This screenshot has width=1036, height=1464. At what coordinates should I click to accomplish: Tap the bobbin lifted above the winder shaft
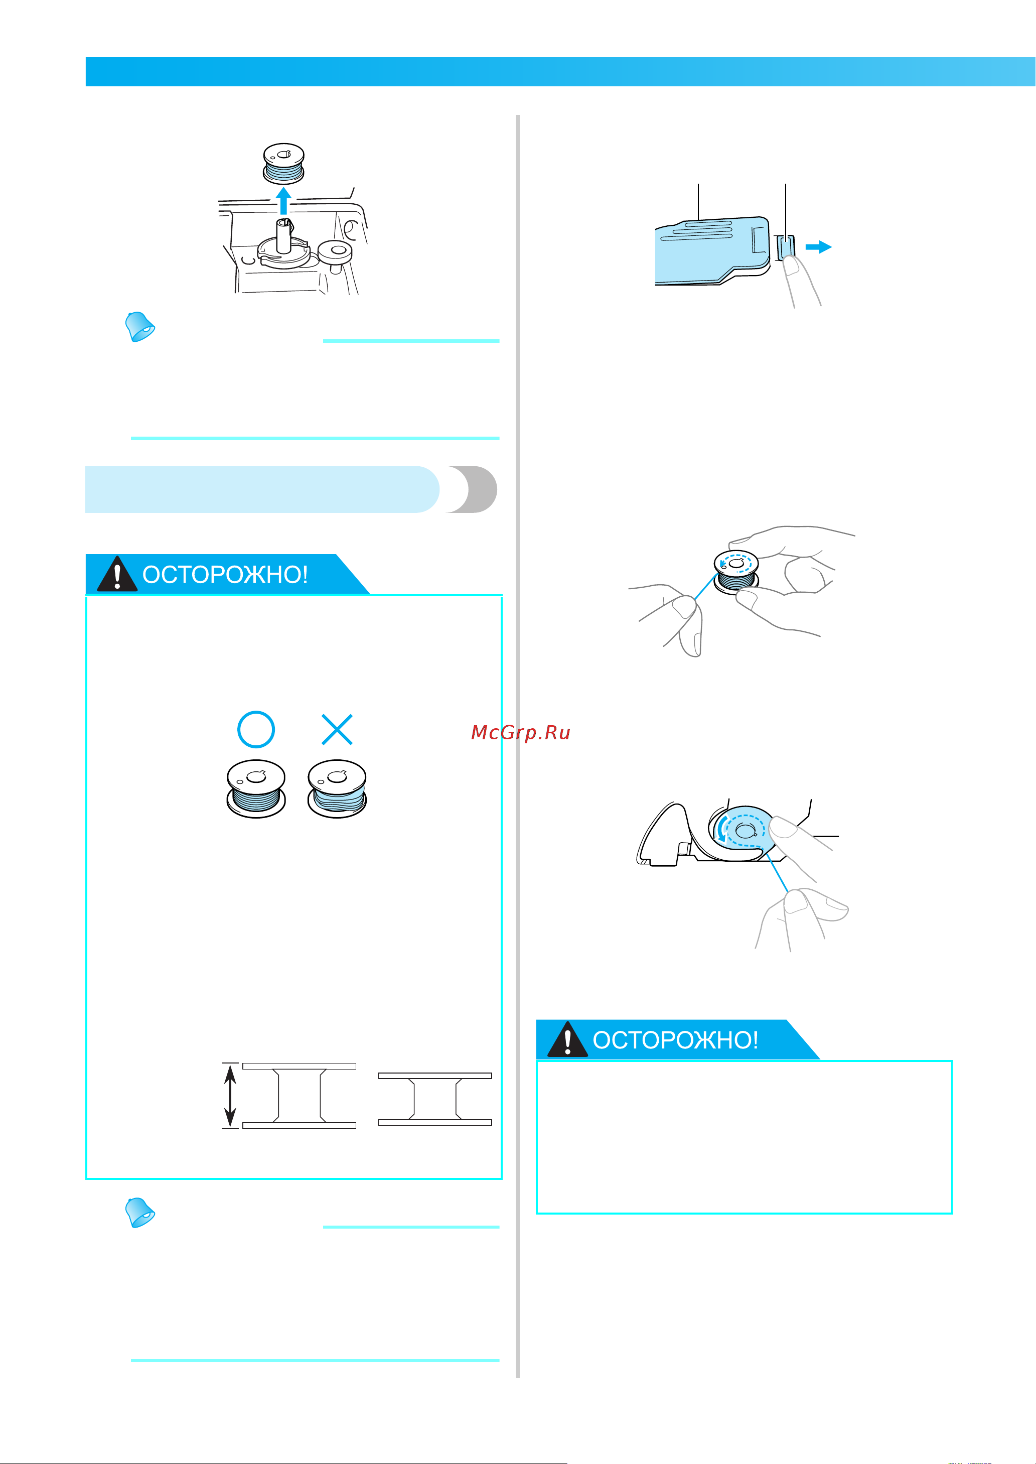coord(284,164)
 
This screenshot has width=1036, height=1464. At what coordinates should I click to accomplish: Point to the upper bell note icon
coord(139,327)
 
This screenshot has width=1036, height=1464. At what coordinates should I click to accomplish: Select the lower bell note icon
coord(139,1213)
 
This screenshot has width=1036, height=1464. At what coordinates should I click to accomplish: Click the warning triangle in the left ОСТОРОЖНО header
coord(117,574)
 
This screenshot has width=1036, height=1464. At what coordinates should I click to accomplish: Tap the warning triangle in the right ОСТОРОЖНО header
coord(567,1039)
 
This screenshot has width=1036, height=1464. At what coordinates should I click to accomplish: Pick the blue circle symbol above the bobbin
coord(256,729)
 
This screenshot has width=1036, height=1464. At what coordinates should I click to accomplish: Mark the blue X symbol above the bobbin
coord(337,729)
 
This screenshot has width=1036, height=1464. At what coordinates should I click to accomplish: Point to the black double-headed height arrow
coord(230,1096)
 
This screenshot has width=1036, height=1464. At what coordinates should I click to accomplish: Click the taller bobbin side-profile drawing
coord(299,1096)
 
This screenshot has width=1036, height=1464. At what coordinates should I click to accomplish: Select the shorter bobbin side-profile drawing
coord(435,1099)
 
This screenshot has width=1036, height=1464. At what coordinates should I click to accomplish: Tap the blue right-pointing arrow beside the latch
coord(818,247)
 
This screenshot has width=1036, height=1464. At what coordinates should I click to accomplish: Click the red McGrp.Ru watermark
coord(521,733)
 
